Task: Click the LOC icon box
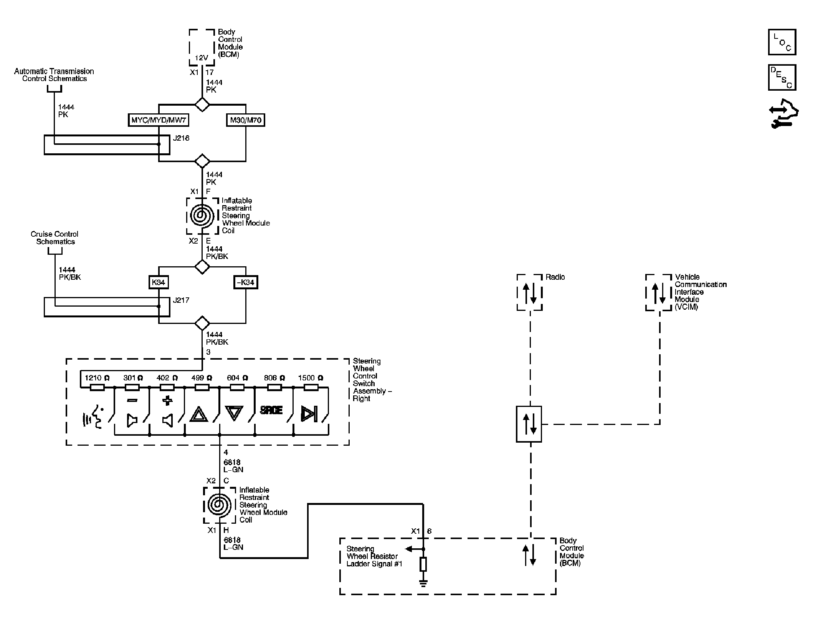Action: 782,42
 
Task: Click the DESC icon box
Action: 782,78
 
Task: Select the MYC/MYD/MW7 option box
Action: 159,120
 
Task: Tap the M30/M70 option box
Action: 246,120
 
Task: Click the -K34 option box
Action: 246,282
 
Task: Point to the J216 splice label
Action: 181,138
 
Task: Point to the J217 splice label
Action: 181,300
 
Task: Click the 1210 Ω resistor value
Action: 97,378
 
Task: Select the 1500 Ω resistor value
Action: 311,378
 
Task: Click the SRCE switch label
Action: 271,410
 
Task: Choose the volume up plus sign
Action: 167,401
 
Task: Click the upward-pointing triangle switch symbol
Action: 199,415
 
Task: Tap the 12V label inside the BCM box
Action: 201,58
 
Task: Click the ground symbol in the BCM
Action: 423,584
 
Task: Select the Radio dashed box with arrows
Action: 529,292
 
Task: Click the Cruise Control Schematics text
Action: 55,238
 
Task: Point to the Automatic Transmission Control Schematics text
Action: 54,75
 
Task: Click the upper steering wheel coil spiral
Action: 202,216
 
